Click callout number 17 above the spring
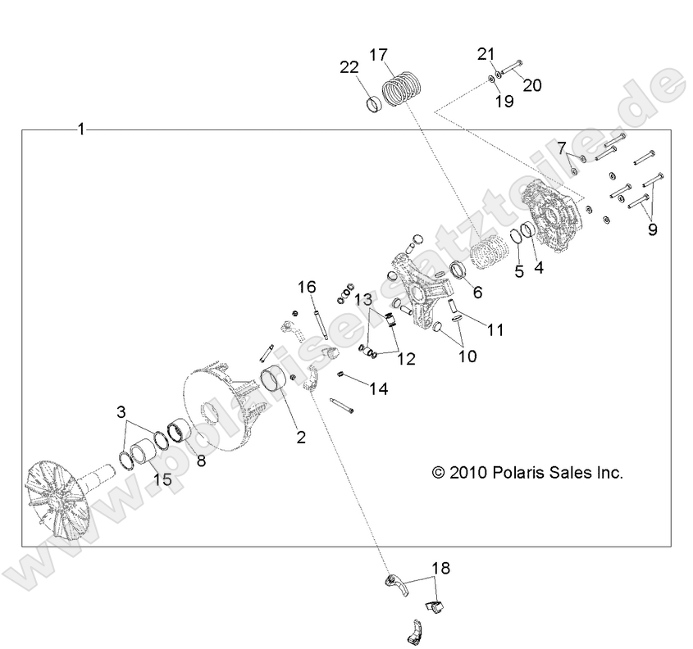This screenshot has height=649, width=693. [x=378, y=55]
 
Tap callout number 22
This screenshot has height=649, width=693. [x=349, y=68]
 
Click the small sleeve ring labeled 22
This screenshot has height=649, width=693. [x=375, y=105]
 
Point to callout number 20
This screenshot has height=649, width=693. [x=532, y=85]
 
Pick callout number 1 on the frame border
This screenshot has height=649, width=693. [x=81, y=129]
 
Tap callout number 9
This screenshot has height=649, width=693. [x=652, y=229]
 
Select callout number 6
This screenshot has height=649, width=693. [x=477, y=293]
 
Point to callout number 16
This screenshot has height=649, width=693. [x=307, y=288]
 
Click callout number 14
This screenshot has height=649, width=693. [x=379, y=389]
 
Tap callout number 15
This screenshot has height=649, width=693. [x=162, y=479]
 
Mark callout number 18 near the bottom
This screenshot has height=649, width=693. [x=441, y=568]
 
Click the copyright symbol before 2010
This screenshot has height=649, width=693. [x=438, y=473]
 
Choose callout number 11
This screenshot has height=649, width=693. [x=495, y=329]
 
